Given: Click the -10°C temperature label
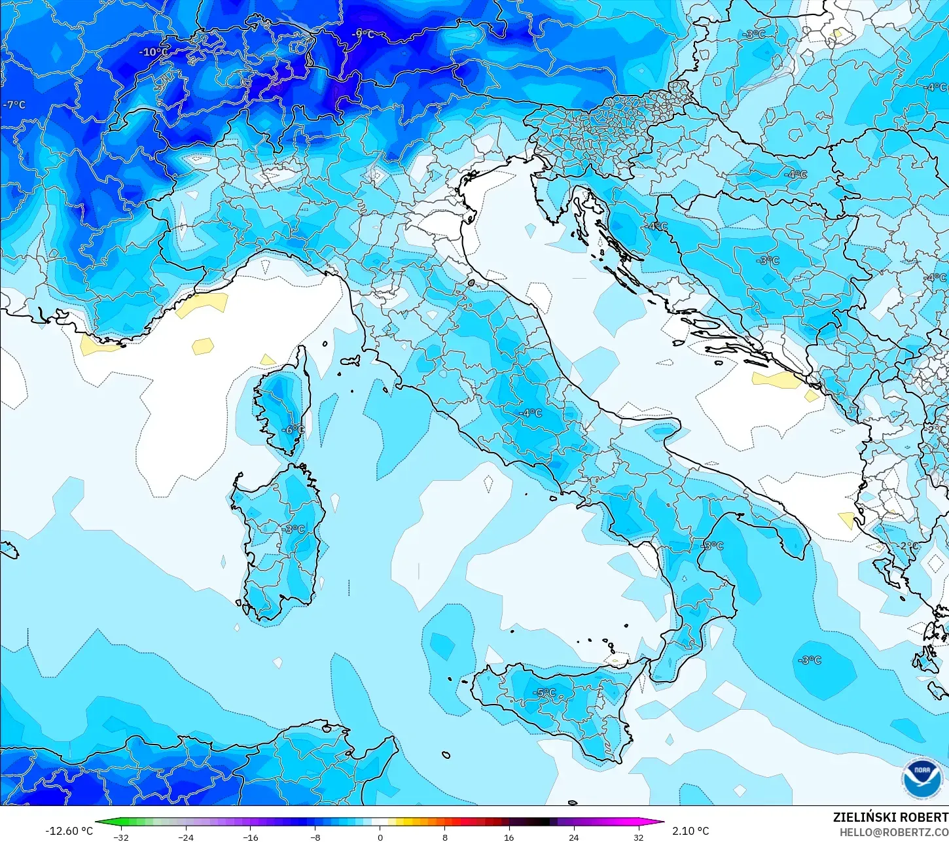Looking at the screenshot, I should (x=153, y=52).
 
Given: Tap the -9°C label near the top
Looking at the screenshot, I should (x=363, y=34).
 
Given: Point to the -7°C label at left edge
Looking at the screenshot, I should (x=14, y=105).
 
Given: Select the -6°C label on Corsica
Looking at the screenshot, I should (x=293, y=430).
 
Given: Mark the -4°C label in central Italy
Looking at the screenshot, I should (x=530, y=413).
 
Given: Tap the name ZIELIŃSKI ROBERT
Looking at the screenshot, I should (x=890, y=817).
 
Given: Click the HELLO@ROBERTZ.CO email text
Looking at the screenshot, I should (x=894, y=832).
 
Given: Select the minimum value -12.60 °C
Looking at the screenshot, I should (x=69, y=831).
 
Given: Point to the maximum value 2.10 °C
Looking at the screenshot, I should (x=690, y=831).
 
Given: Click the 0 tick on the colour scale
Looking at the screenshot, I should (x=380, y=837).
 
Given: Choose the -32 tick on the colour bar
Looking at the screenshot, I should (x=121, y=837).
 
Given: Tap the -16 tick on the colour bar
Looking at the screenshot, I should (x=251, y=837).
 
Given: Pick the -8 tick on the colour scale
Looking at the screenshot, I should (x=315, y=837).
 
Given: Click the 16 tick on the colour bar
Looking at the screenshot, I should (x=509, y=837).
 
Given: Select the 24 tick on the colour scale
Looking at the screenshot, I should (x=573, y=837).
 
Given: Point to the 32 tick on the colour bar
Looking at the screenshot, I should (x=638, y=837).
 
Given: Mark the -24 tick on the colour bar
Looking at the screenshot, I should (x=186, y=837).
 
